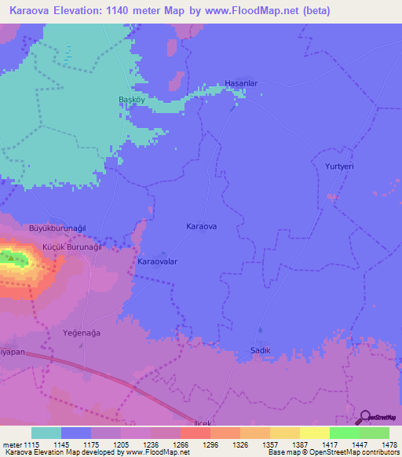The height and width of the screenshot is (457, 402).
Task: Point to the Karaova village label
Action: (x=202, y=226)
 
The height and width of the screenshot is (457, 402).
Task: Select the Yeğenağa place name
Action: (x=81, y=333)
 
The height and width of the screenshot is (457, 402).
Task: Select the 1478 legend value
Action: (x=378, y=444)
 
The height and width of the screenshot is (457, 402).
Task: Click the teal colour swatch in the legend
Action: (x=46, y=433)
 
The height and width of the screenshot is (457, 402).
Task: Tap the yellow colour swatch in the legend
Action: (x=314, y=433)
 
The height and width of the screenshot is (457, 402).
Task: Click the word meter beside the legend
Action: (x=12, y=444)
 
